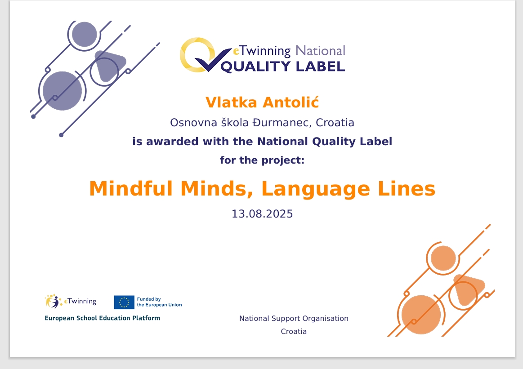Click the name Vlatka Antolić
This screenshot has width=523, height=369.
pyautogui.click(x=262, y=102)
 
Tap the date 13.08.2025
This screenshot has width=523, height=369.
pyautogui.click(x=262, y=213)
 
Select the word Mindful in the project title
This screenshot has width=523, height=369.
pyautogui.click(x=131, y=188)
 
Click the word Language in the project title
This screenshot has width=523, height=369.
pyautogui.click(x=316, y=189)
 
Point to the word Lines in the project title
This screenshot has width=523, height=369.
pyautogui.click(x=407, y=188)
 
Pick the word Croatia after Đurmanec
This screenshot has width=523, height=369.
pyautogui.click(x=335, y=123)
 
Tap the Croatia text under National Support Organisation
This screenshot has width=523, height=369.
pyautogui.click(x=294, y=331)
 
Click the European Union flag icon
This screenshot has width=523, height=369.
pyautogui.click(x=124, y=302)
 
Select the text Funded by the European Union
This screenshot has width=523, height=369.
pyautogui.click(x=160, y=302)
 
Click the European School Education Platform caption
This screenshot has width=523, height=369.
pyautogui.click(x=103, y=318)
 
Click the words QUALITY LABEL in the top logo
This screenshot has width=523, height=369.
pyautogui.click(x=283, y=67)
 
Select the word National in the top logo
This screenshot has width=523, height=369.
pyautogui.click(x=320, y=51)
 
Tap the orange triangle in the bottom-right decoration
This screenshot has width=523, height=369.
pyautogui.click(x=469, y=289)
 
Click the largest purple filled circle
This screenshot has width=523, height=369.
pyautogui.click(x=63, y=91)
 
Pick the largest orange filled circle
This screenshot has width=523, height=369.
pyautogui.click(x=421, y=315)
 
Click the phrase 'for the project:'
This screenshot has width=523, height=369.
pyautogui.click(x=262, y=160)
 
